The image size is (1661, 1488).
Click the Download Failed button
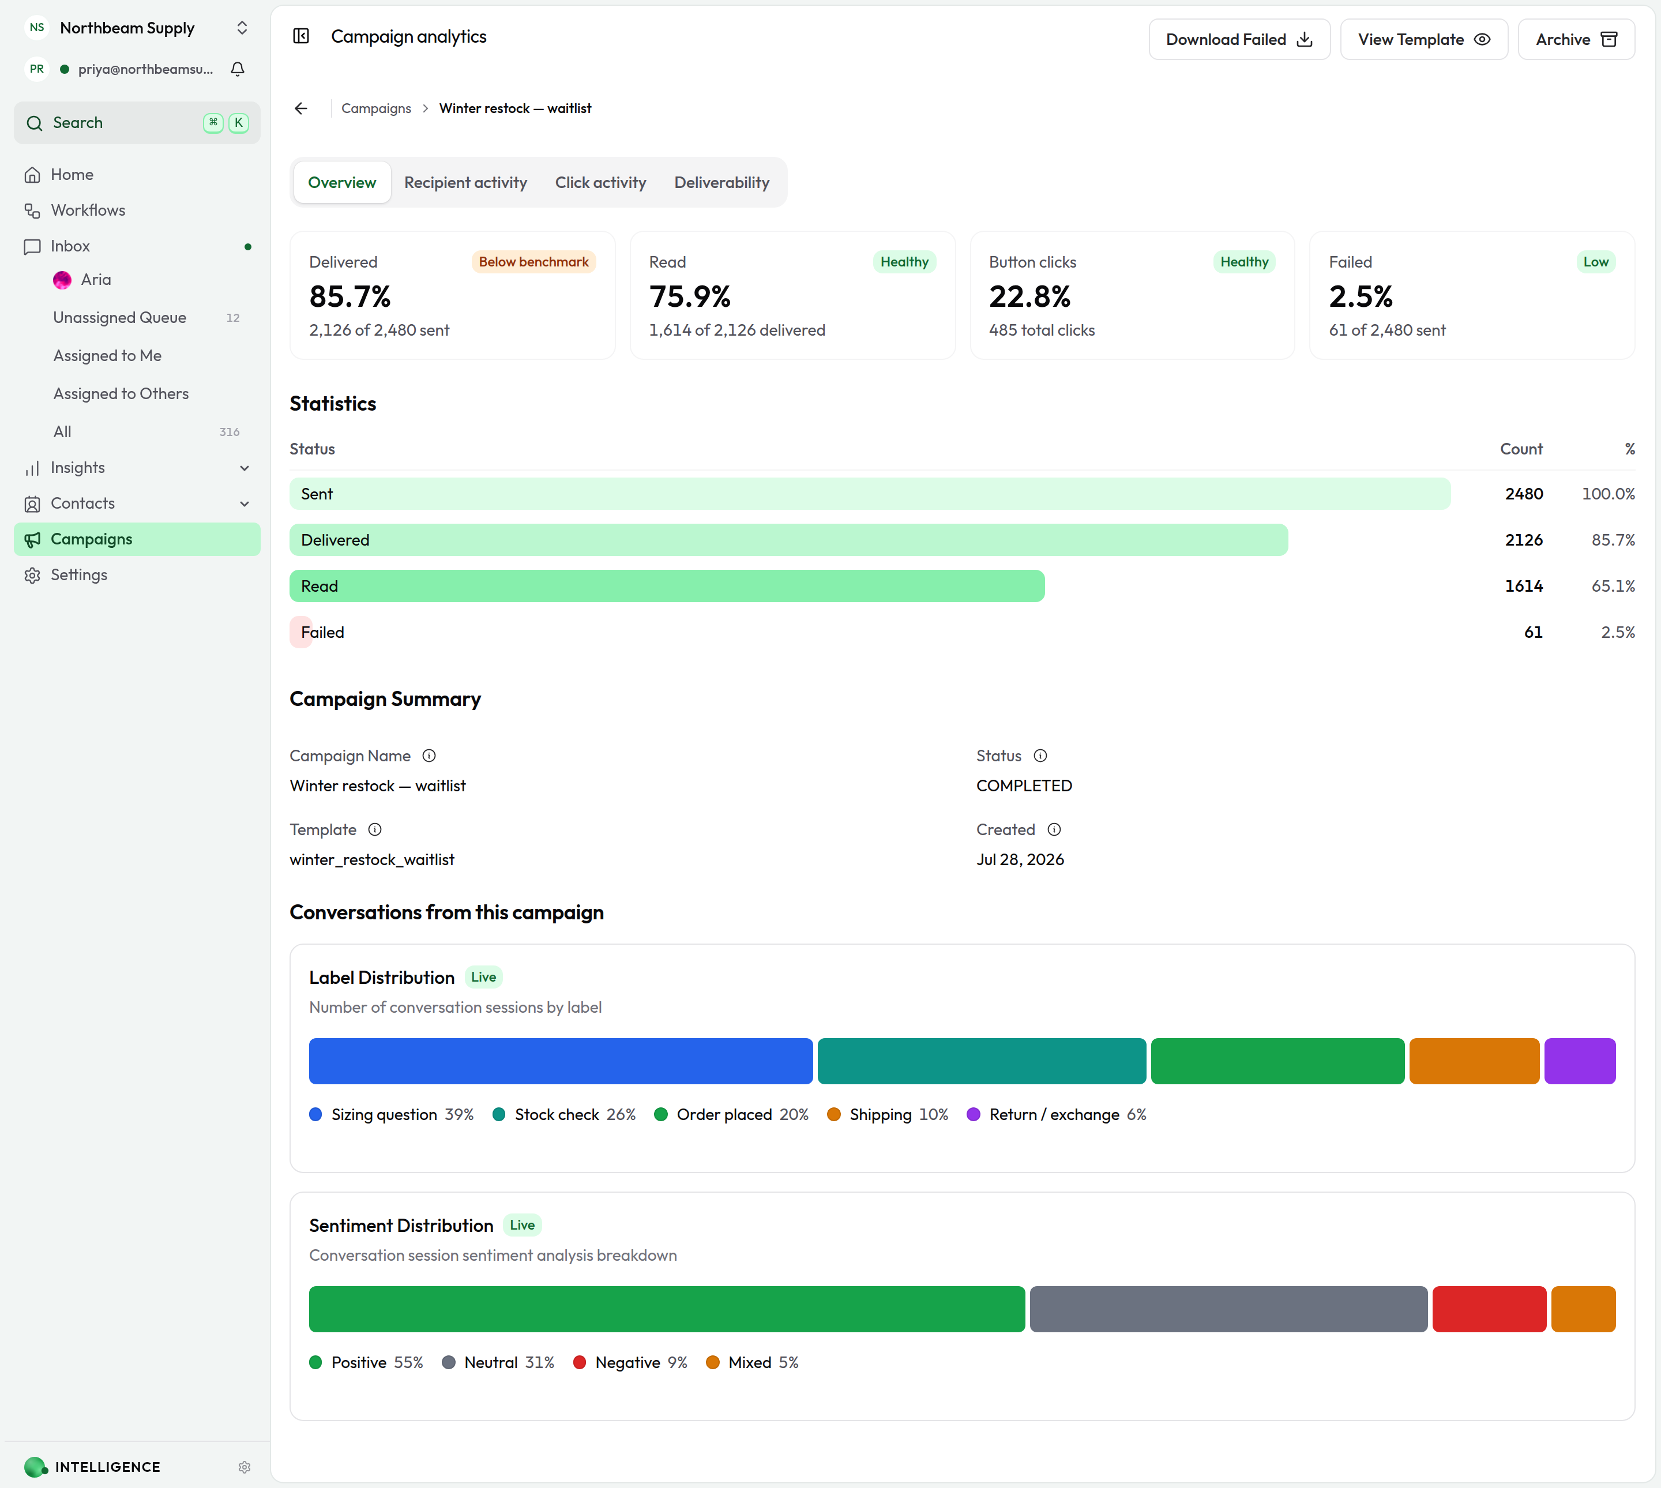tap(1239, 39)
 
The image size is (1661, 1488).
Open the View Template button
tap(1424, 39)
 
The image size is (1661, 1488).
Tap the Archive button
tap(1576, 39)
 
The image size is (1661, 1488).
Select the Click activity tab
tap(601, 182)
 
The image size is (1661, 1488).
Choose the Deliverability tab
tap(721, 182)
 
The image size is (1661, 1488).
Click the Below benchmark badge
tap(534, 262)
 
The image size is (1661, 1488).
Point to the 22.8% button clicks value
tap(1030, 296)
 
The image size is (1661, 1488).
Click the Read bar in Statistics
tap(667, 586)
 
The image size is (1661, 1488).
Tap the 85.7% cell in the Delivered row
tap(1613, 540)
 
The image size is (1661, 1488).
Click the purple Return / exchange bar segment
tap(1579, 1061)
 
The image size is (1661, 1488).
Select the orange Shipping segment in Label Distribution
tap(1474, 1061)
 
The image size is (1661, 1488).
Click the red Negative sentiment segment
tap(1489, 1309)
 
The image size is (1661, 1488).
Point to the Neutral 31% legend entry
tap(498, 1362)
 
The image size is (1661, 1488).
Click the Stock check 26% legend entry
tap(564, 1114)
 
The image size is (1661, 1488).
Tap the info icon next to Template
tap(374, 830)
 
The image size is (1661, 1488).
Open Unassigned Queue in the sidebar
tap(119, 317)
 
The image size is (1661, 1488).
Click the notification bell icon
tap(238, 69)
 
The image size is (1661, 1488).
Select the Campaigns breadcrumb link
tap(376, 108)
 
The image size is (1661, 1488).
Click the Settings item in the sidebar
tap(78, 575)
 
